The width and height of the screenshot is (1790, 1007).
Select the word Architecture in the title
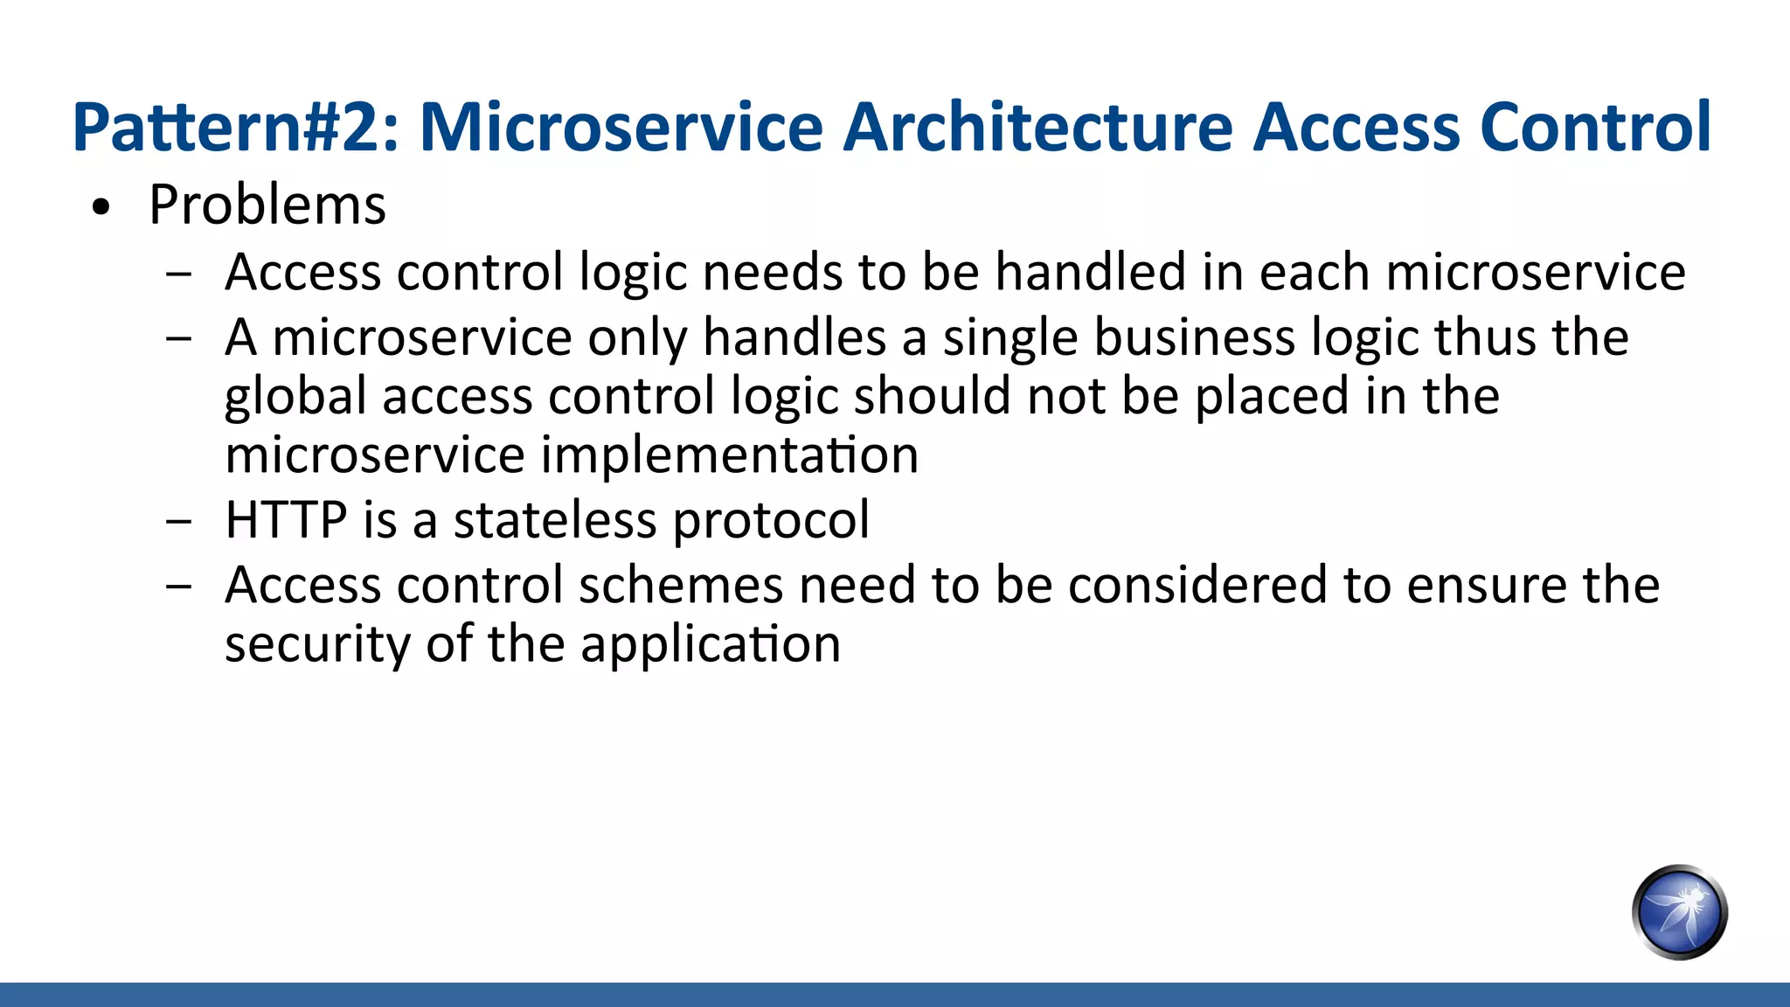pos(1037,128)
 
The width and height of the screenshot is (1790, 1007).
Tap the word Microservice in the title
pos(621,128)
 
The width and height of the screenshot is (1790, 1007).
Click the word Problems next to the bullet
pos(267,206)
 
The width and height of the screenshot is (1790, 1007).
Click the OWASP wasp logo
pos(1679,912)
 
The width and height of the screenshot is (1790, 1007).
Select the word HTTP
pos(286,520)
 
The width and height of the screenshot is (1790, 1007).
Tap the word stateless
pos(554,520)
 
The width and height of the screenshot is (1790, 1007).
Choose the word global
pos(295,398)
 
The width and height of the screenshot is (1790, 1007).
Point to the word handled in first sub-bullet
pos(1090,272)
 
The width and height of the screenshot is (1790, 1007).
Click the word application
pos(710,646)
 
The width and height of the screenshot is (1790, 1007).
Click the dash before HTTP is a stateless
pos(178,522)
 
